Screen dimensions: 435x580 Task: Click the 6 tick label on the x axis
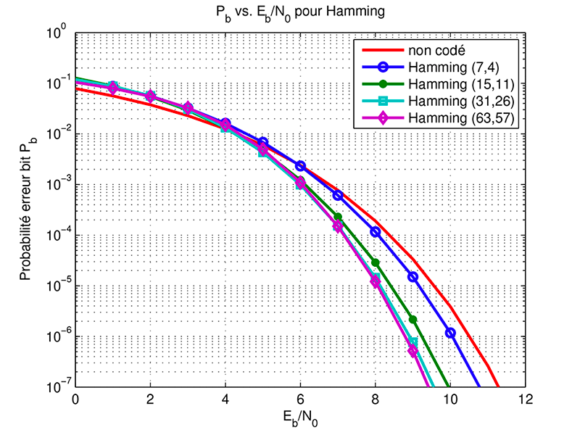299,399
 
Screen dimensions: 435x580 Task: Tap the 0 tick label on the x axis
75,399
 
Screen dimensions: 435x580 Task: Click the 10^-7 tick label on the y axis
57,387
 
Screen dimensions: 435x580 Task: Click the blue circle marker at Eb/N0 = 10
449,333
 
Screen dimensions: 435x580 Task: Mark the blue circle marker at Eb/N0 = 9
413,277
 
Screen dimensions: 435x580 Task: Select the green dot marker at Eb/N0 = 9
413,319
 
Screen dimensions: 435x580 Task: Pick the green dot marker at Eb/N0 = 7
337,216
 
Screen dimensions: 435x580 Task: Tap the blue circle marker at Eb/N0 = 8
375,232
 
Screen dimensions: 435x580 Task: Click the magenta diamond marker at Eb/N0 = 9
413,351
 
